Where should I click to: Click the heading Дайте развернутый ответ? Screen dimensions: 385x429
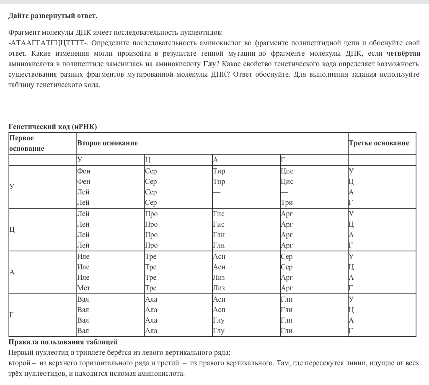pos(53,16)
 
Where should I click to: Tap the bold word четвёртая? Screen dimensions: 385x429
pos(403,54)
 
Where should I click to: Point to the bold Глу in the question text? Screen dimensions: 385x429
pos(209,64)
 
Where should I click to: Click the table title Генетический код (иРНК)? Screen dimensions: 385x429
pos(53,127)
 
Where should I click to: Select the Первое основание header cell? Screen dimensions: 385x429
pos(27,143)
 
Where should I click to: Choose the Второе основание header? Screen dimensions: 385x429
pos(107,143)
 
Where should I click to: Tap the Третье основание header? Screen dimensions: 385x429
pos(379,143)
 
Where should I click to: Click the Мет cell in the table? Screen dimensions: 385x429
pos(84,288)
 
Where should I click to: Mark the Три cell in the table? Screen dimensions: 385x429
pos(287,202)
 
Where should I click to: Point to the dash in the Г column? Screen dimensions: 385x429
pos(284,192)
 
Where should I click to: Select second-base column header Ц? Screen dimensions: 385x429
pos(147,160)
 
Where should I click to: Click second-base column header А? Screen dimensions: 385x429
pos(215,160)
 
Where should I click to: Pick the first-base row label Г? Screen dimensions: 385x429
pos(12,315)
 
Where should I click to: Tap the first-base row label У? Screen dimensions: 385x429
pos(12,186)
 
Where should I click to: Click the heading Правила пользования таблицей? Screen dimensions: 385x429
pos(63,342)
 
